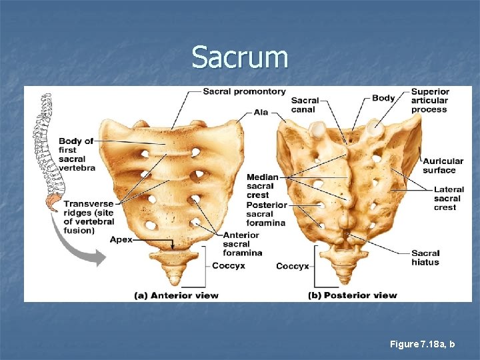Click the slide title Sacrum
click(x=240, y=57)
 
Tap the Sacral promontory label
click(x=244, y=91)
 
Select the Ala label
click(x=261, y=112)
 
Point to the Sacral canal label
click(x=305, y=105)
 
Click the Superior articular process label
click(x=430, y=101)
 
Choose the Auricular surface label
click(x=443, y=165)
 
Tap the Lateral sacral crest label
click(x=448, y=199)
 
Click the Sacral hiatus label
click(x=425, y=257)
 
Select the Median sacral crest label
click(x=262, y=186)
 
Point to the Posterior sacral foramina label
click(x=266, y=214)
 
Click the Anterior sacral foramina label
click(x=243, y=244)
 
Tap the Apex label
click(x=121, y=239)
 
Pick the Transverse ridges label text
click(x=88, y=217)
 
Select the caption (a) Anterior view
click(x=177, y=295)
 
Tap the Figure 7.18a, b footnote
click(x=423, y=344)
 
